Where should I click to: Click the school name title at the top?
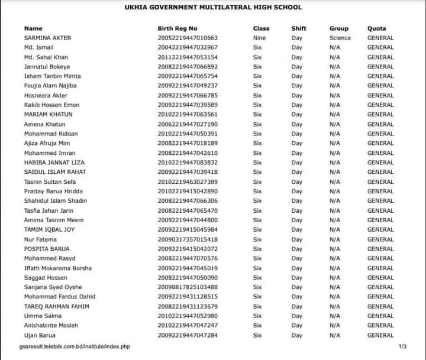point(213,8)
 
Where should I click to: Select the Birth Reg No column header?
point(177,28)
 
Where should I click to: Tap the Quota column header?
point(376,28)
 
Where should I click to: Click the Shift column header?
point(299,28)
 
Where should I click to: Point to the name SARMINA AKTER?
point(47,38)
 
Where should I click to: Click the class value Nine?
point(259,38)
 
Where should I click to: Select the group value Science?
point(340,38)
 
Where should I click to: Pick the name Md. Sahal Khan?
point(46,57)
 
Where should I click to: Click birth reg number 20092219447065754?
point(188,76)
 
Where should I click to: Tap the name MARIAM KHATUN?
point(48,115)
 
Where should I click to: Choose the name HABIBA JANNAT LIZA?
point(54,163)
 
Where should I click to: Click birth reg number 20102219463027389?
point(188,182)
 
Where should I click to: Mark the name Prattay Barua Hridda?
point(53,192)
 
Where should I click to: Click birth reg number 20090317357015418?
point(188,239)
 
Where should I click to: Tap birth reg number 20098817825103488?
point(188,287)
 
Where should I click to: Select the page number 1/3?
point(403,346)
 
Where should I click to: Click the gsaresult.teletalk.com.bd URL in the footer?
point(75,346)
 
